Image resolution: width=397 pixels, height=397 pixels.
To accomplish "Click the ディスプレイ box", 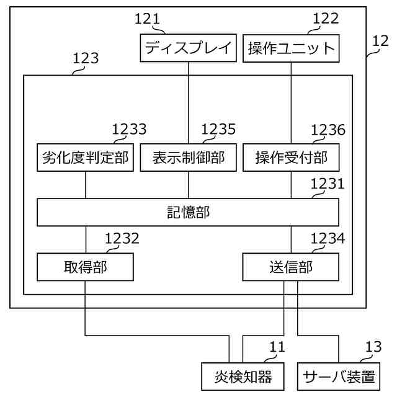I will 189,48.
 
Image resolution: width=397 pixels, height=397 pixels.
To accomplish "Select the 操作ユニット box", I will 292,48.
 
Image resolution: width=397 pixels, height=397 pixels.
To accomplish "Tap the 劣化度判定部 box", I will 86,158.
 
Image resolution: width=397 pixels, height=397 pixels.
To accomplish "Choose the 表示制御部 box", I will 189,158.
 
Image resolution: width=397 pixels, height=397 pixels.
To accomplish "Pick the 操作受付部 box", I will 291,158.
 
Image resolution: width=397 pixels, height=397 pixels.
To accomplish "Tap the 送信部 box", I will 291,267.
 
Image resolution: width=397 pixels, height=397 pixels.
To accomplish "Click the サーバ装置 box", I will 339,376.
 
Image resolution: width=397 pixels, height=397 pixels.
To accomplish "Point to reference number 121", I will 148,19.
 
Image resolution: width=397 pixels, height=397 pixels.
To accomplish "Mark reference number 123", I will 86,59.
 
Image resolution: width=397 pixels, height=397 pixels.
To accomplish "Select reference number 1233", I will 129,129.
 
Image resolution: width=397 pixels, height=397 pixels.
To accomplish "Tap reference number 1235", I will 218,129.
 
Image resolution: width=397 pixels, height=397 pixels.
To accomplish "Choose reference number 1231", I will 328,184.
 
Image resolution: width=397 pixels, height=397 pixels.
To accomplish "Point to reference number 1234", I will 328,238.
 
